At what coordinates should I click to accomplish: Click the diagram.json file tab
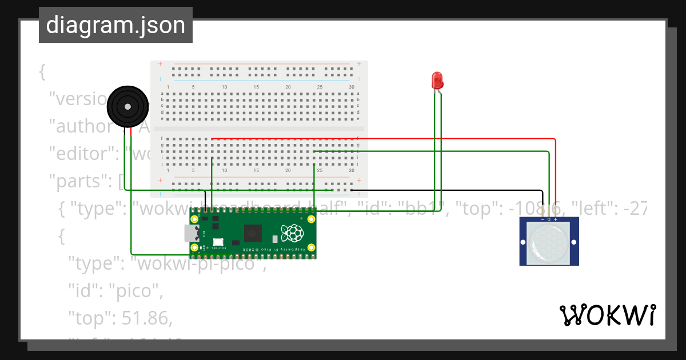[x=115, y=26]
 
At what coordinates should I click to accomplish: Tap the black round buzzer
[x=128, y=106]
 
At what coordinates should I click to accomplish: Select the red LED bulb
[x=437, y=80]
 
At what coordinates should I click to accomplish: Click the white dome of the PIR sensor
[x=549, y=242]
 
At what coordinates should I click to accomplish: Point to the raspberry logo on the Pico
[x=294, y=233]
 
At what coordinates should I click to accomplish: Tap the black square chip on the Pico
[x=253, y=233]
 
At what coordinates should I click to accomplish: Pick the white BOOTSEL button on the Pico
[x=217, y=242]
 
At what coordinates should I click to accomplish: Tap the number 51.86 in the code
[x=147, y=318]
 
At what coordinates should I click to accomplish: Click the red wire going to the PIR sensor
[x=555, y=171]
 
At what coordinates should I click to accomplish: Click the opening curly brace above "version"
[x=42, y=71]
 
